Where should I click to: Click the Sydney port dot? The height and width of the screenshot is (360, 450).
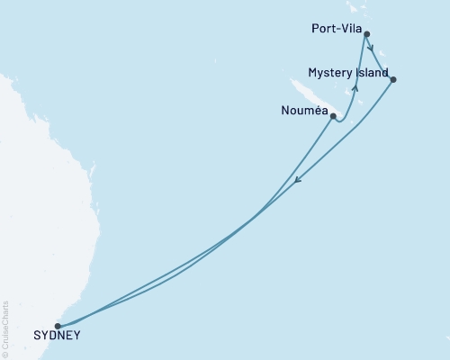tap(58, 326)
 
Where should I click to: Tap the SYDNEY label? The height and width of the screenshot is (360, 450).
tap(57, 337)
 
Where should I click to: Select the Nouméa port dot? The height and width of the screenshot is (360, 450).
tap(333, 116)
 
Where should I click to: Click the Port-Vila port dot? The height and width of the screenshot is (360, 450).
tap(365, 34)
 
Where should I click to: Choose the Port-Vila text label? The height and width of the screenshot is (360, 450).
tap(334, 28)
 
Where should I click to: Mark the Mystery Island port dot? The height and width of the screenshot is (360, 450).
tap(393, 79)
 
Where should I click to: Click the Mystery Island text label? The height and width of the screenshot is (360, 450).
tap(347, 72)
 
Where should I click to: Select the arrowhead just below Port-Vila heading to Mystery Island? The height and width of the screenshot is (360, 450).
tap(371, 50)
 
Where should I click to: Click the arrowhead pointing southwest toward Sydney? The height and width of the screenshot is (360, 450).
tap(299, 184)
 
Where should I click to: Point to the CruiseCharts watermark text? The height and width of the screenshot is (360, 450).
tap(4, 329)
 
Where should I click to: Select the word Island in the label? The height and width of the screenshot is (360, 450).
tap(372, 72)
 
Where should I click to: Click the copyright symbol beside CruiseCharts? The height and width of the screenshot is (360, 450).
tap(4, 355)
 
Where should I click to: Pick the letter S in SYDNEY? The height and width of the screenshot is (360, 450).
tap(36, 337)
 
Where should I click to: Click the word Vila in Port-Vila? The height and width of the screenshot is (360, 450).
tap(352, 28)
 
